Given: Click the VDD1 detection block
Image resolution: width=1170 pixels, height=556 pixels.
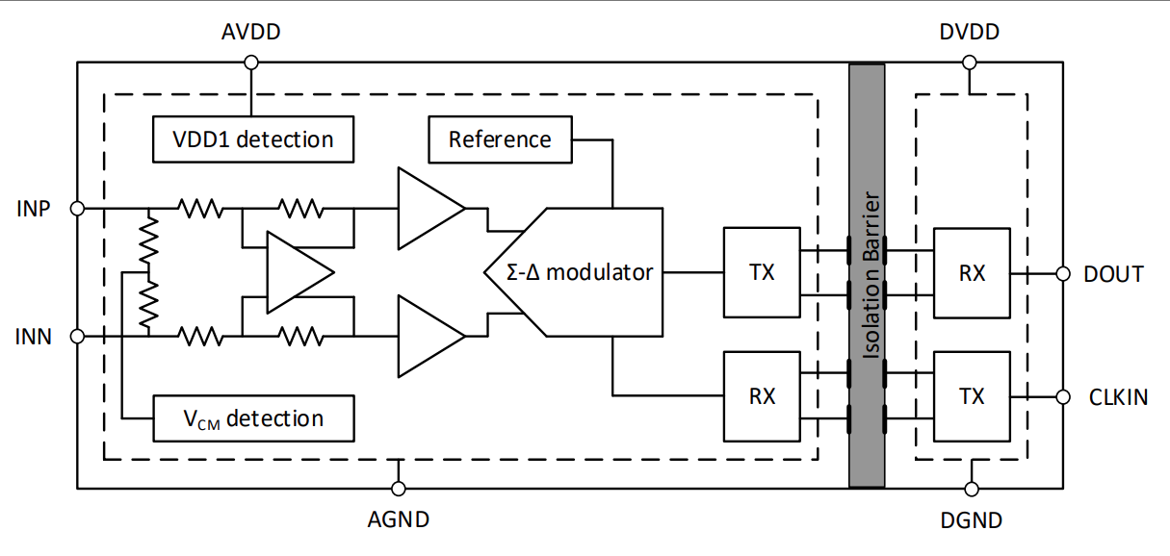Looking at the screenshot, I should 253,139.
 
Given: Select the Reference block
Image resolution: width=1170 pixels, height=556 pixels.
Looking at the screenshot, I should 500,139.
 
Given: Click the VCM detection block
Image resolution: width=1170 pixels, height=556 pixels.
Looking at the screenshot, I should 253,418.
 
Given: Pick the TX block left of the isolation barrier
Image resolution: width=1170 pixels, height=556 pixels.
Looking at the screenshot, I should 762,272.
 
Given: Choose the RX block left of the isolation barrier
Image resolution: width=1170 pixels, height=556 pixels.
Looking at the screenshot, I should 762,395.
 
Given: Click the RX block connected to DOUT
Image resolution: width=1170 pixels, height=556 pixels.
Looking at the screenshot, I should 972,272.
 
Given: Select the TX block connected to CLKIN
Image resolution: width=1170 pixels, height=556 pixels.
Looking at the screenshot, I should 972,395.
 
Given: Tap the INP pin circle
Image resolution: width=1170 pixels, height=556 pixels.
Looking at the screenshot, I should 78,207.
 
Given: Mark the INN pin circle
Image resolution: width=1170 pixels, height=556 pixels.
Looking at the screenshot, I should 78,336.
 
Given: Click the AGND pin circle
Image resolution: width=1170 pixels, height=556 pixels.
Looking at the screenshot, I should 398,489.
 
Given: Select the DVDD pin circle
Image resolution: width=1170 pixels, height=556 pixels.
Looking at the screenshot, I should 970,63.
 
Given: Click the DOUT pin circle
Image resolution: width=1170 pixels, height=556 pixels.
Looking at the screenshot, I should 1063,274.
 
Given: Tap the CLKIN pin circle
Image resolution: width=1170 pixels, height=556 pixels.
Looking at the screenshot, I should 1063,396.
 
